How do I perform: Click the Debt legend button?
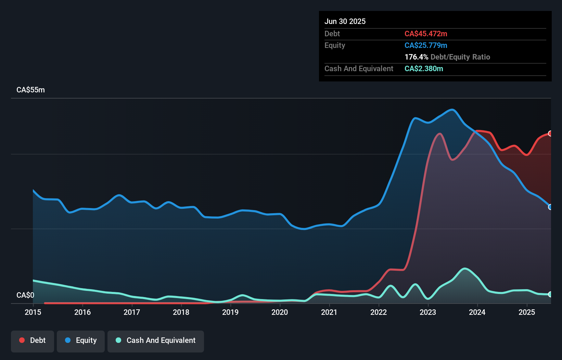coord(33,341)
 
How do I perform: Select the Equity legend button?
coord(81,341)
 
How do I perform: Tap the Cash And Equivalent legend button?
coord(156,341)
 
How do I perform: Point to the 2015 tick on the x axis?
coord(33,312)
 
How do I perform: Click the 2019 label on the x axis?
coord(230,312)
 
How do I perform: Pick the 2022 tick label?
coord(379,312)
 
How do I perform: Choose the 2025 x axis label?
coord(526,312)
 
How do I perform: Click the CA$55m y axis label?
coord(30,90)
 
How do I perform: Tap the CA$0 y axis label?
coord(25,295)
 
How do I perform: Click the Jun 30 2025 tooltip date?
coord(345,22)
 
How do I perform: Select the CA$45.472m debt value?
coord(426,34)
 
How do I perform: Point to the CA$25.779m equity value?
coord(426,46)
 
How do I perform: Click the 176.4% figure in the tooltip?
coord(416,57)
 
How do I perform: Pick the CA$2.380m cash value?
coord(424,69)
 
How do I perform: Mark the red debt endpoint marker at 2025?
coord(550,133)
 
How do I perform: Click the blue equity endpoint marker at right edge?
coord(550,207)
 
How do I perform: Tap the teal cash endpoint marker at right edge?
coord(550,294)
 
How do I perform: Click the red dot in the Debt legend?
coord(22,340)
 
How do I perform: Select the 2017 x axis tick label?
coord(132,312)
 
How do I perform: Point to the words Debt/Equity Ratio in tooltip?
coord(460,57)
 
